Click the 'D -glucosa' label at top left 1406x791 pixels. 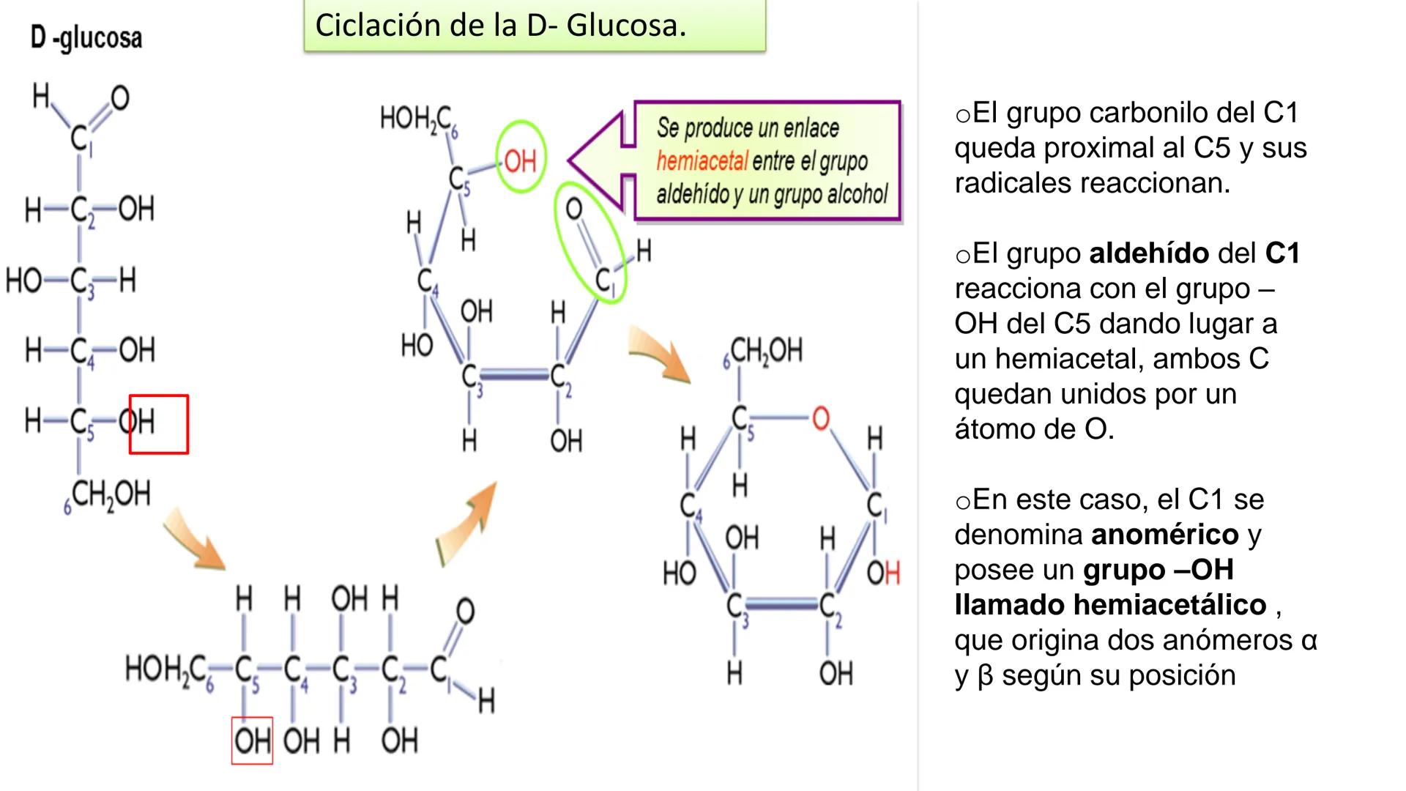(86, 37)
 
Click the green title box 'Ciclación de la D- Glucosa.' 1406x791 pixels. (534, 26)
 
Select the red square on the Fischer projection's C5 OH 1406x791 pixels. (159, 424)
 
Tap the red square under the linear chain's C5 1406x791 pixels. (252, 740)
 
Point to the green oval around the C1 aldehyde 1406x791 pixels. (590, 242)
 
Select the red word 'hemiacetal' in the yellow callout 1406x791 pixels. (702, 160)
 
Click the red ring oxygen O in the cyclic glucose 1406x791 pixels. (821, 418)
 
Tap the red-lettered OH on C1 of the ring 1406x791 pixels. (883, 573)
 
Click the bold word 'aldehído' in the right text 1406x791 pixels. (1149, 253)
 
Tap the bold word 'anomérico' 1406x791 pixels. (1164, 535)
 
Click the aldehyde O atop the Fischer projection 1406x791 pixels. (119, 97)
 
